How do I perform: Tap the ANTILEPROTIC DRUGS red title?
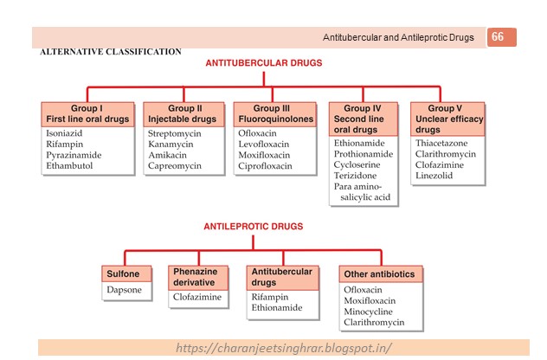point(253,227)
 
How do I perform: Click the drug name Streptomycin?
point(175,134)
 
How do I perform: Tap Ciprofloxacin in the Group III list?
point(265,165)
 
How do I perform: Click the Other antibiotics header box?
point(378,274)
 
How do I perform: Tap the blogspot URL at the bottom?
point(284,348)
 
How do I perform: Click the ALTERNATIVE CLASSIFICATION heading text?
point(110,53)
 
